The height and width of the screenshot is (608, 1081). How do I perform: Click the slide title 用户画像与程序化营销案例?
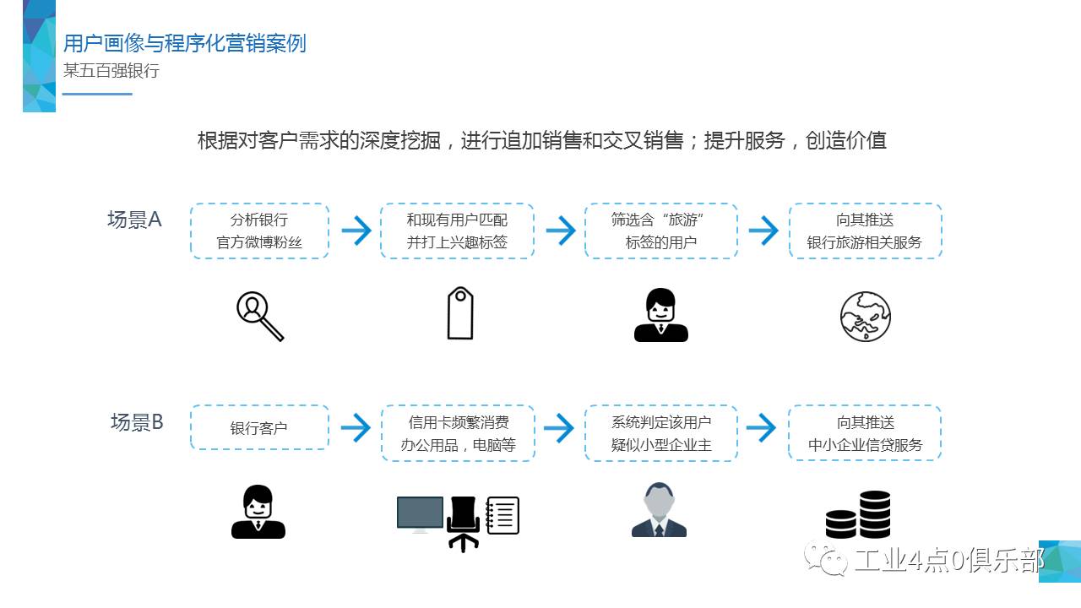pyautogui.click(x=184, y=43)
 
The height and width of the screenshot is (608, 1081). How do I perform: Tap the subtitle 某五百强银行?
pyautogui.click(x=111, y=71)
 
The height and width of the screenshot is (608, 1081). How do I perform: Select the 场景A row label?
pyautogui.click(x=134, y=220)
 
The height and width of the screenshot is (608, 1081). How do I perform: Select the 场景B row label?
pyautogui.click(x=137, y=422)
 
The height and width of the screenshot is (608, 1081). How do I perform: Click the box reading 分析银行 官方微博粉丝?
pyautogui.click(x=259, y=231)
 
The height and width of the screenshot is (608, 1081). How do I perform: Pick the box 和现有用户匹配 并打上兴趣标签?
pyautogui.click(x=457, y=231)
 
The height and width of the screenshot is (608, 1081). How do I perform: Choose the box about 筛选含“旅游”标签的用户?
pyautogui.click(x=660, y=231)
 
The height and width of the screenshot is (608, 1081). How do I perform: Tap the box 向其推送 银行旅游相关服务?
pyautogui.click(x=865, y=231)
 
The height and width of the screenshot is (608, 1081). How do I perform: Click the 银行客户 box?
pyautogui.click(x=259, y=427)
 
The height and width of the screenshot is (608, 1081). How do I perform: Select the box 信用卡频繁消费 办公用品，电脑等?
pyautogui.click(x=458, y=433)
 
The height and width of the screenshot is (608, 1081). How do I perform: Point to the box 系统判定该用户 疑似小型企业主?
pyautogui.click(x=660, y=433)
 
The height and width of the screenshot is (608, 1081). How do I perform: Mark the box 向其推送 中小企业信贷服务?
pyautogui.click(x=865, y=433)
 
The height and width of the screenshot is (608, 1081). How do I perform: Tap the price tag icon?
pyautogui.click(x=460, y=313)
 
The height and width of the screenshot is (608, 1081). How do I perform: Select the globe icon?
pyautogui.click(x=866, y=317)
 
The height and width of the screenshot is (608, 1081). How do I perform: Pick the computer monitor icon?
pyautogui.click(x=420, y=514)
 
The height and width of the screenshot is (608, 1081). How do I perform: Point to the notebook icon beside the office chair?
pyautogui.click(x=502, y=515)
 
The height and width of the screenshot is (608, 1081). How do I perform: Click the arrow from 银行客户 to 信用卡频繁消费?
pyautogui.click(x=356, y=427)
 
